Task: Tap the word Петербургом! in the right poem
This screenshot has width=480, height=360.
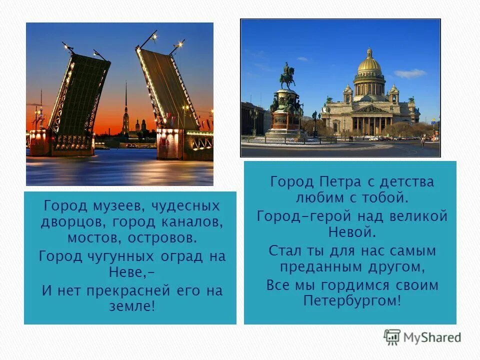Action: click(x=352, y=300)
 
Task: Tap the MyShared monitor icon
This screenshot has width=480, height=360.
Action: click(x=392, y=336)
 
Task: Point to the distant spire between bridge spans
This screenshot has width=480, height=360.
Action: click(x=126, y=107)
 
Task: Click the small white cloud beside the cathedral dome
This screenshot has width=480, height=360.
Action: click(x=409, y=73)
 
